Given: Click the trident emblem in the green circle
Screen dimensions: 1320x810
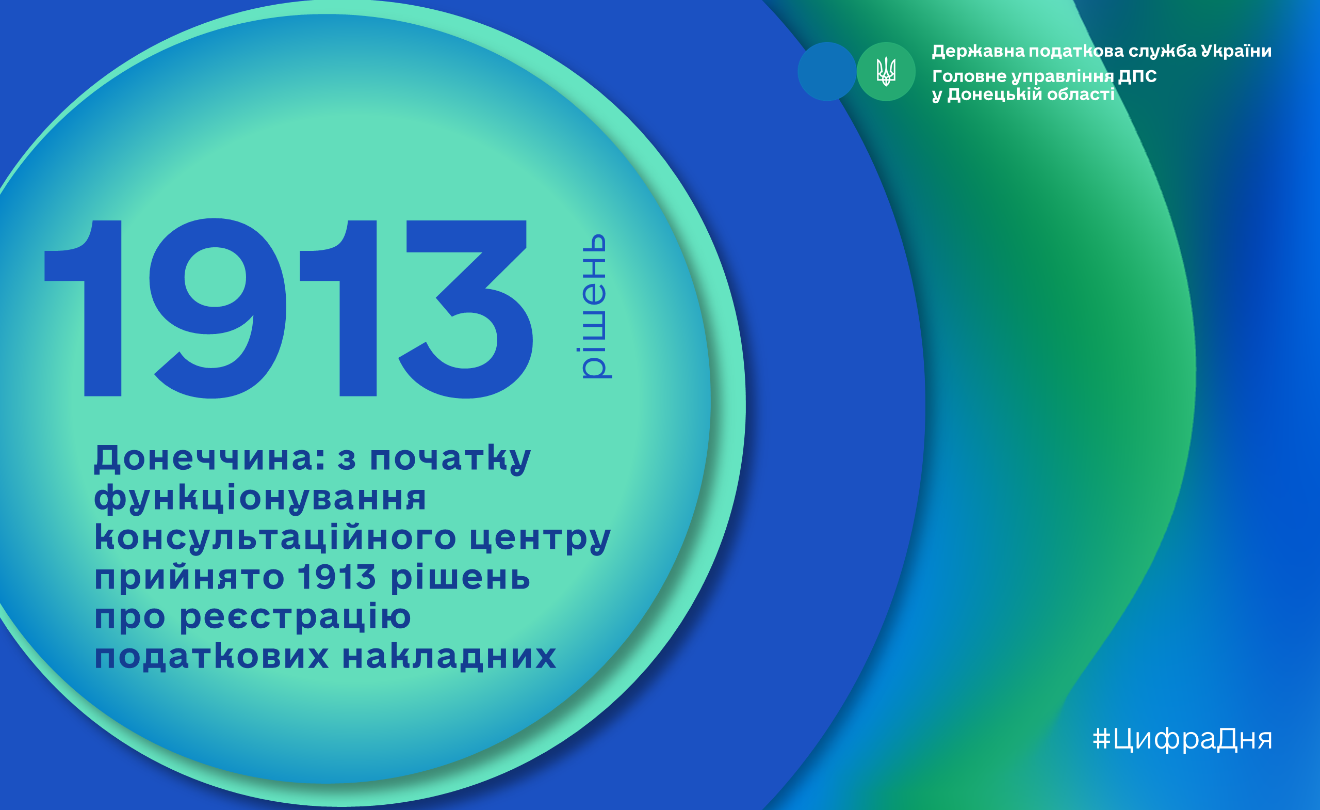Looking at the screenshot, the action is click(886, 72).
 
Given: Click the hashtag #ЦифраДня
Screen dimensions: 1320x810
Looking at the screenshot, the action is click(1182, 739).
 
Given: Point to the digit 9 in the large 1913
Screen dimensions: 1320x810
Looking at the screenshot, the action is click(218, 308).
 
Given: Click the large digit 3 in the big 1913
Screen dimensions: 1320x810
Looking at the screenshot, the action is click(466, 309).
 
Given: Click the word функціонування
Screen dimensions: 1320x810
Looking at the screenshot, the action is click(260, 499).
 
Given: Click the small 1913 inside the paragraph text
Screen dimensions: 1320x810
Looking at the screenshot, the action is click(337, 577).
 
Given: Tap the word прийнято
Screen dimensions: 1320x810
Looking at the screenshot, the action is click(189, 578).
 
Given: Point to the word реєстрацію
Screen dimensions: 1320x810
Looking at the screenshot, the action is click(295, 617).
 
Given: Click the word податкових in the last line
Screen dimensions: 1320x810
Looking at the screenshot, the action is click(211, 656).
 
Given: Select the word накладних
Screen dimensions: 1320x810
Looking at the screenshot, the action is click(449, 656).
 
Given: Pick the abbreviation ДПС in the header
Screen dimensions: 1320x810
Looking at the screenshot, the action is click(1137, 76).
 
